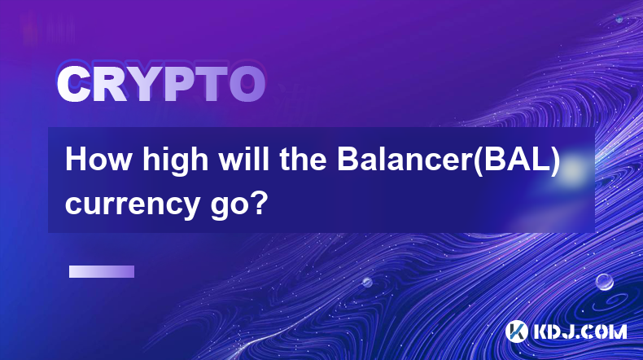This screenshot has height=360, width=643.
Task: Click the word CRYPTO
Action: click(161, 84)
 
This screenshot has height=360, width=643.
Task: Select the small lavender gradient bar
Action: click(102, 271)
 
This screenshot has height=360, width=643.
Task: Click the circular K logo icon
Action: click(516, 331)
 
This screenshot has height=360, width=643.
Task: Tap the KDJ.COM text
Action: click(580, 331)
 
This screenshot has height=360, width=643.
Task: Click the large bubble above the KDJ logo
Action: click(604, 282)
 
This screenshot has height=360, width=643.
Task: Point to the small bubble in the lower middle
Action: click(367, 282)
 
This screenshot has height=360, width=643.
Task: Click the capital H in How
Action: click(77, 160)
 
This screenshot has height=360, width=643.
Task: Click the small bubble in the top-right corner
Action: click(619, 19)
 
